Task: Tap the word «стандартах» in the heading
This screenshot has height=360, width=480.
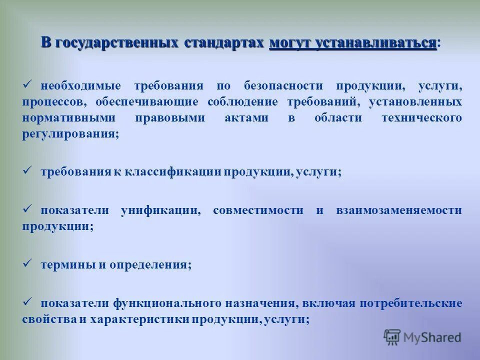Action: click(x=223, y=42)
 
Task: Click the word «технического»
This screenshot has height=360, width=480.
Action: click(x=421, y=118)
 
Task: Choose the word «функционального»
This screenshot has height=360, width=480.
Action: click(x=167, y=303)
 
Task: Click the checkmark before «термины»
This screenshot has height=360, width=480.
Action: click(x=28, y=263)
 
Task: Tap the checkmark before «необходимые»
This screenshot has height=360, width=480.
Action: click(x=28, y=84)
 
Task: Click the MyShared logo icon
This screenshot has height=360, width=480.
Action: click(x=392, y=336)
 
